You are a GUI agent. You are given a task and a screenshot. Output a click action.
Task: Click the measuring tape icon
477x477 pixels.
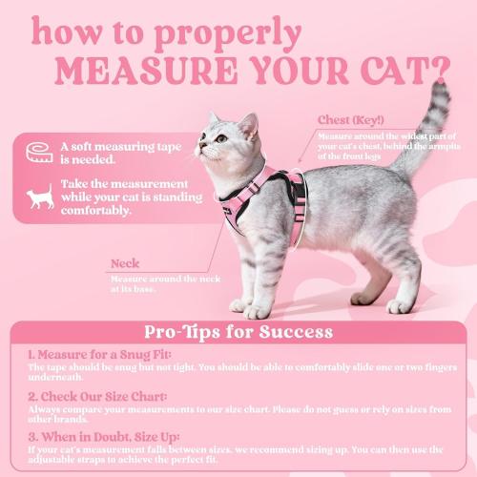point(39,153)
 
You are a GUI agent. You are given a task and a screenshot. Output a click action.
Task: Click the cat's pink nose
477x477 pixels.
point(199,148)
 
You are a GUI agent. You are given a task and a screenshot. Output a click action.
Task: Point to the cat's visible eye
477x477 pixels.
point(219,138)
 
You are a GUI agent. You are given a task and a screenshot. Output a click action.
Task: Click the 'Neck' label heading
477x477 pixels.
point(124,263)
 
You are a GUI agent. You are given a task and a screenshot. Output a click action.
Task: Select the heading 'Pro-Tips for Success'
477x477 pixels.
point(238,332)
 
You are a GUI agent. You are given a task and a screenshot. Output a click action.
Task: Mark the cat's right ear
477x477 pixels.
point(250,123)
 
